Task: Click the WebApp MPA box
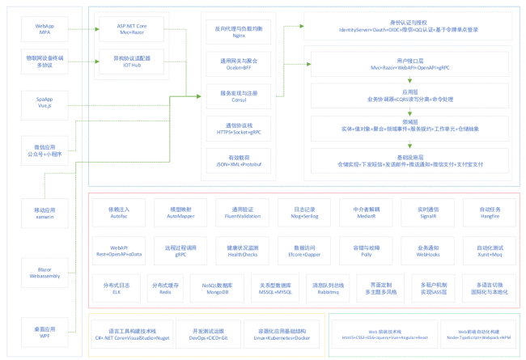pyautogui.click(x=45, y=31)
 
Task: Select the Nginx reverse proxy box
pyautogui.click(x=239, y=31)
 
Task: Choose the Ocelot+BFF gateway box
pyautogui.click(x=239, y=64)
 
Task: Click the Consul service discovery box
pyautogui.click(x=239, y=96)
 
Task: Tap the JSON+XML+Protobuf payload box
pyautogui.click(x=239, y=161)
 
